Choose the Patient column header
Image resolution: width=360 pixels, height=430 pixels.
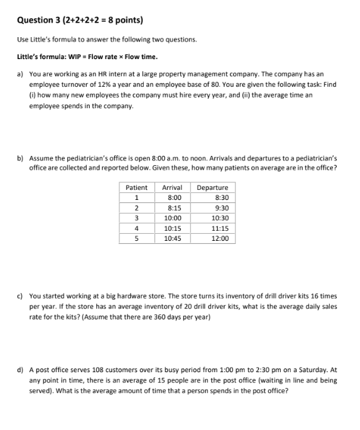[136, 187]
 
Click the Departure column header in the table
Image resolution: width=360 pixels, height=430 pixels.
[212, 187]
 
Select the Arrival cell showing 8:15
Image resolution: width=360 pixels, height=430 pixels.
[172, 207]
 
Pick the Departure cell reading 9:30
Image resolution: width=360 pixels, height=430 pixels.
[221, 207]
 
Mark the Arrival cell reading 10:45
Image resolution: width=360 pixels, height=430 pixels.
[172, 239]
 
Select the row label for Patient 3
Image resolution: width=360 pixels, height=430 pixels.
[136, 218]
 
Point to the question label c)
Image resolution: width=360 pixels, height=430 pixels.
[20, 295]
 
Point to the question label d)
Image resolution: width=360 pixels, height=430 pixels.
[20, 370]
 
